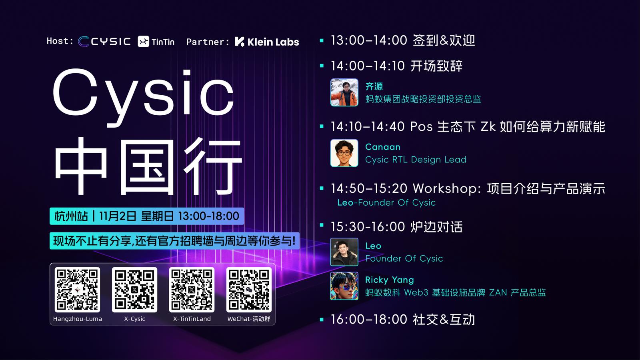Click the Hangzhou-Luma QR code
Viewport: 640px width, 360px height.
pyautogui.click(x=77, y=290)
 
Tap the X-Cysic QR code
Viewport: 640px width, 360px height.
pyautogui.click(x=134, y=290)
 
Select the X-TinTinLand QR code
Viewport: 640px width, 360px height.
pyautogui.click(x=192, y=290)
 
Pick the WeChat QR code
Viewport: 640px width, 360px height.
pyautogui.click(x=249, y=290)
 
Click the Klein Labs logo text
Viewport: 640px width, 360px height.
pyautogui.click(x=273, y=42)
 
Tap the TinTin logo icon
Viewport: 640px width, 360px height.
pyautogui.click(x=144, y=42)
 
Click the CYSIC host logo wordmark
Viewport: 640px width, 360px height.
pyautogui.click(x=111, y=42)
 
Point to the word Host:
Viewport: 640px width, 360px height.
pyautogui.click(x=60, y=41)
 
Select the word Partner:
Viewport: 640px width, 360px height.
pyautogui.click(x=208, y=42)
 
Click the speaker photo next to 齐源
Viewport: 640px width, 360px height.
pyautogui.click(x=344, y=92)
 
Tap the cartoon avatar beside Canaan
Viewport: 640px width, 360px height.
pyautogui.click(x=344, y=153)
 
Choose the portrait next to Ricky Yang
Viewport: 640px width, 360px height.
pyautogui.click(x=344, y=286)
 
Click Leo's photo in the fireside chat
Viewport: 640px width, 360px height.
pyautogui.click(x=344, y=252)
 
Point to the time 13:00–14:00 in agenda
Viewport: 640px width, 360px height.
pyautogui.click(x=369, y=40)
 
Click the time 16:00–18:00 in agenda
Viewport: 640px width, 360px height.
pyautogui.click(x=369, y=319)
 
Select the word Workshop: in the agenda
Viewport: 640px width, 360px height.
pyautogui.click(x=447, y=188)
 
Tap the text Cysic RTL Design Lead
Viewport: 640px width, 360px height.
pyautogui.click(x=416, y=160)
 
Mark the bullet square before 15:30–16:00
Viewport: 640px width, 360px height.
pyautogui.click(x=322, y=225)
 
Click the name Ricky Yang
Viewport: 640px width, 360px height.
pyautogui.click(x=390, y=280)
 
